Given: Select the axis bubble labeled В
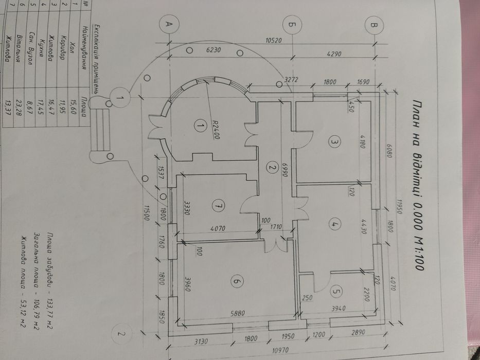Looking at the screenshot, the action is pyautogui.click(x=375, y=24).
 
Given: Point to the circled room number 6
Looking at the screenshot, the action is pyautogui.click(x=236, y=281).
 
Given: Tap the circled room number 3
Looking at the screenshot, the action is pyautogui.click(x=333, y=142).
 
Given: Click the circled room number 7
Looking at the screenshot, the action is pyautogui.click(x=218, y=206).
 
